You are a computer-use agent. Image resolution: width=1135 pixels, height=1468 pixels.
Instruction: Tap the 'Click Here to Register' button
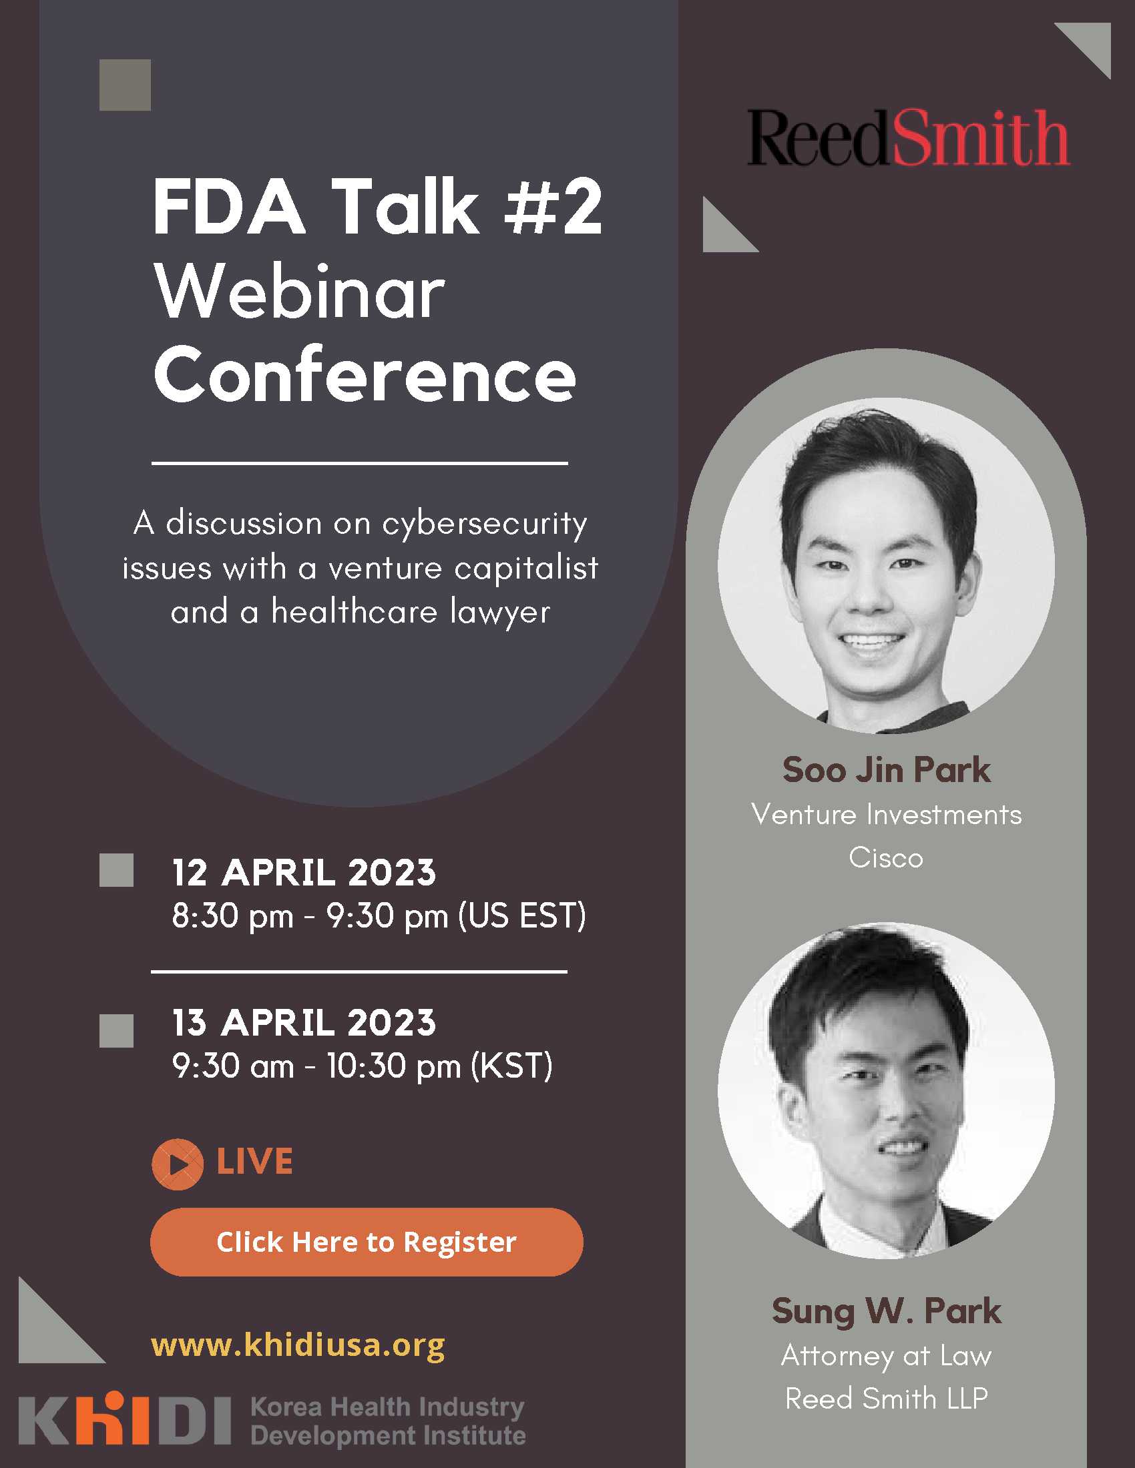pos(367,1242)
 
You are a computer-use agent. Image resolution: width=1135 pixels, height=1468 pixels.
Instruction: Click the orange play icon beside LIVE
pos(178,1164)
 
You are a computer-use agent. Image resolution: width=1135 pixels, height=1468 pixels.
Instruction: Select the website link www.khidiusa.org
pos(298,1345)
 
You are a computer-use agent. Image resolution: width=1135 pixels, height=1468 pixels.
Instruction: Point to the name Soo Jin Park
pos(886,769)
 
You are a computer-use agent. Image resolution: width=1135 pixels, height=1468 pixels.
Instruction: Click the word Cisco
pos(886,857)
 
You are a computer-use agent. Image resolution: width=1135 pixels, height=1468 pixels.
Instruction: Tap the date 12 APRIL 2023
pos(304,873)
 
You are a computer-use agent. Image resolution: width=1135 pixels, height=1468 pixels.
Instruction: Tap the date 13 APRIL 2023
pos(304,1022)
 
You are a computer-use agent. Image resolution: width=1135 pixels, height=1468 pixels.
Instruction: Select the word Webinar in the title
pos(300,293)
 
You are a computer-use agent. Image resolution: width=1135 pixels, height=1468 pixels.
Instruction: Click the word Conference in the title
pos(365,375)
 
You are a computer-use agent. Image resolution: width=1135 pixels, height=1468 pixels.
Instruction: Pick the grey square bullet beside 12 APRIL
pos(116,870)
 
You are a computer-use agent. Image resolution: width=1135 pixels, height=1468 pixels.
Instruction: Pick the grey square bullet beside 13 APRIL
pos(116,1030)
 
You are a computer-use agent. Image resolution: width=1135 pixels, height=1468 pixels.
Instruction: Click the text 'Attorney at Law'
pos(886,1356)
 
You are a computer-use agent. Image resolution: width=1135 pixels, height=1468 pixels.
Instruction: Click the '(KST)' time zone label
pos(511,1066)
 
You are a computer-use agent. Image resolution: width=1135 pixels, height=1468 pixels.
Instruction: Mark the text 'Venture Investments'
pos(886,815)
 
